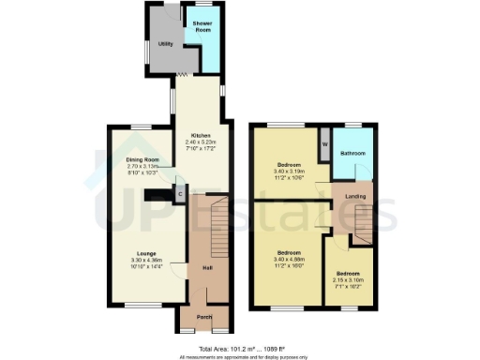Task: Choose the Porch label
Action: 203,318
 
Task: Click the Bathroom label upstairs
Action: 352,152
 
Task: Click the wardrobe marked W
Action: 324,144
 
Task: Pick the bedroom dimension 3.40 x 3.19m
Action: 288,172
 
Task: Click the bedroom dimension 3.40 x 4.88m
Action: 288,259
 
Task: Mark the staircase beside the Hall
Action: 210,225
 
